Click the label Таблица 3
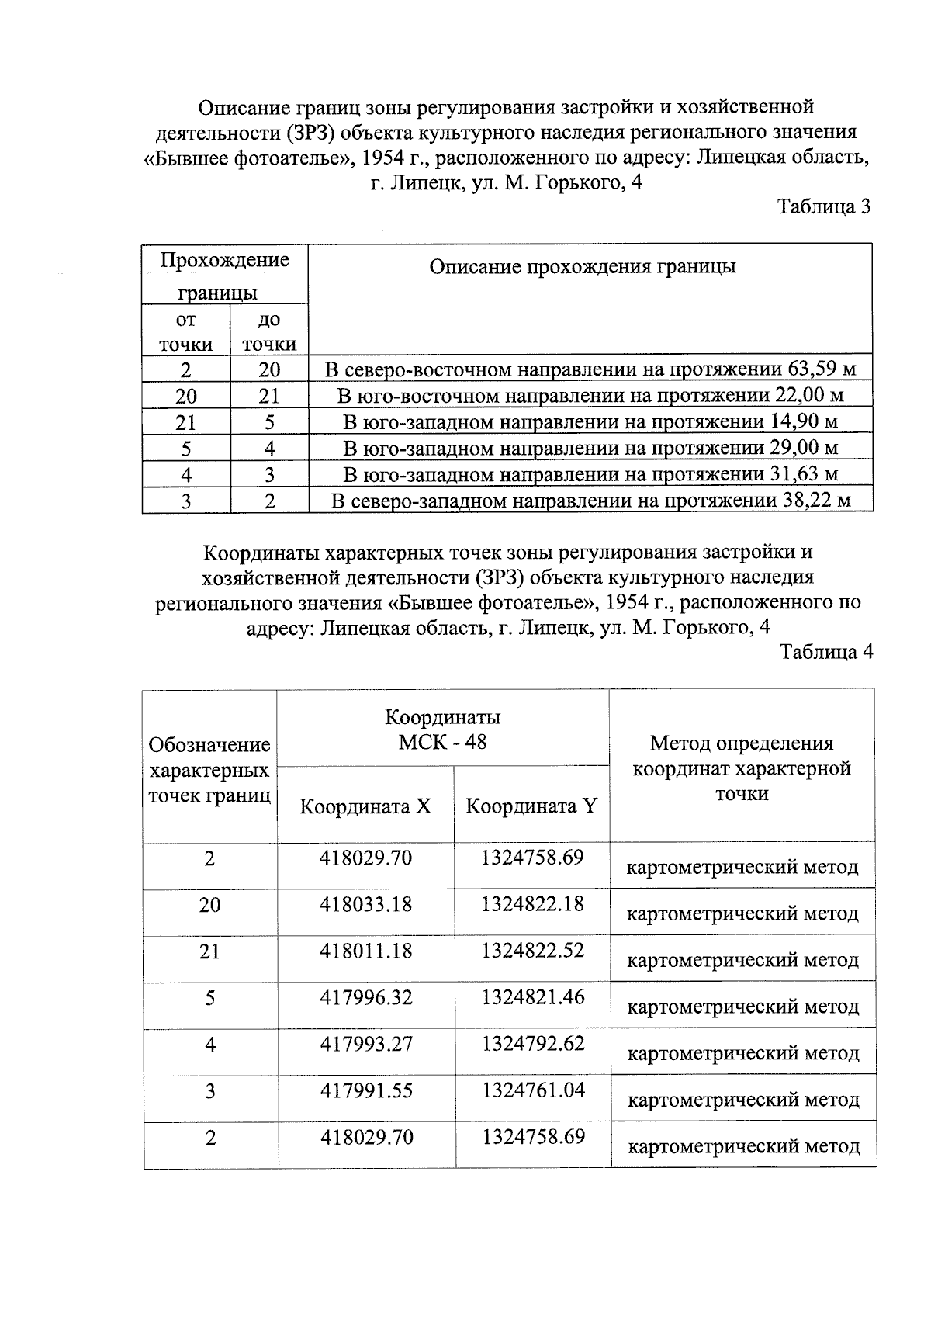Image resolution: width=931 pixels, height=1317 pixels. pos(824,207)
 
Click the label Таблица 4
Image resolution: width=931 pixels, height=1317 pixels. pos(826,652)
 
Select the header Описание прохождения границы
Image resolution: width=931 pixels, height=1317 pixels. pos(583,267)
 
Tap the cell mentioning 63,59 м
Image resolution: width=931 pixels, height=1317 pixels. pos(590,369)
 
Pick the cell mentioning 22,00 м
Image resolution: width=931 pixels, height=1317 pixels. pos(590,396)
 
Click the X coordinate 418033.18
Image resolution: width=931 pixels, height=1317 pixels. pos(365,904)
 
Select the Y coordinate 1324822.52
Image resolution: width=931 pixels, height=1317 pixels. pos(532,951)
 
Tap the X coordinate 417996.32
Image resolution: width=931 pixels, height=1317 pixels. pos(365,997)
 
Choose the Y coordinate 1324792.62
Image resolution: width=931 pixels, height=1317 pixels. pos(532,1044)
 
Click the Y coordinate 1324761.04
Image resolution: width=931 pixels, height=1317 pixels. pos(532,1090)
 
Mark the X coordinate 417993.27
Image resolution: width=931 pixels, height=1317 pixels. pos(365,1044)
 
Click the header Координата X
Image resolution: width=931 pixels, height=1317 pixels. pos(365,806)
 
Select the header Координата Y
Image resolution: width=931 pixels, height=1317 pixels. pos(531,806)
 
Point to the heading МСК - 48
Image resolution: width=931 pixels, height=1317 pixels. pos(442,742)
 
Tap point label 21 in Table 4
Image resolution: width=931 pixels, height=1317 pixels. pos(209,951)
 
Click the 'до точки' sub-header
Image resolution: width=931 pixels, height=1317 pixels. pos(268,331)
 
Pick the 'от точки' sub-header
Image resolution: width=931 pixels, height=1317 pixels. pos(185,331)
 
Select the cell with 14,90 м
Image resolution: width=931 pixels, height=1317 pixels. pos(590,422)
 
